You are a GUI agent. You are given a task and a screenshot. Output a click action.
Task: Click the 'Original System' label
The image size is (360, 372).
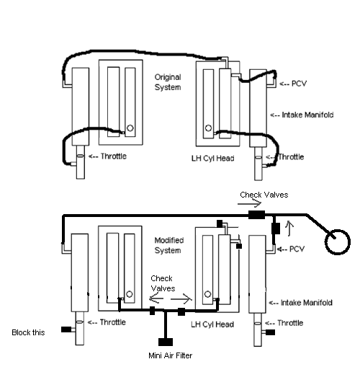(x=168, y=82)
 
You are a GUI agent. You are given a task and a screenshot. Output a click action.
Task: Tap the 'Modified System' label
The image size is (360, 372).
(x=169, y=245)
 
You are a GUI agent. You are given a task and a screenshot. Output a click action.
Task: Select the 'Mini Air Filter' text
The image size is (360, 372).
(x=171, y=355)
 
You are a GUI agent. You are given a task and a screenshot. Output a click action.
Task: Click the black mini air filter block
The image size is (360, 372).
(x=166, y=342)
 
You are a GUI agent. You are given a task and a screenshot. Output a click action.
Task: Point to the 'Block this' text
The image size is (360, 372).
(x=28, y=332)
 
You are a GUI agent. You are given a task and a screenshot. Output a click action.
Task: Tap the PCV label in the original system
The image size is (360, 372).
(x=299, y=84)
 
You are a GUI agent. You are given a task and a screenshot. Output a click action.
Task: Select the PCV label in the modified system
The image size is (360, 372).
(x=297, y=249)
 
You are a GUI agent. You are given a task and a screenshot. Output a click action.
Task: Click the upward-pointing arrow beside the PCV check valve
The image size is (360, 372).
(x=289, y=229)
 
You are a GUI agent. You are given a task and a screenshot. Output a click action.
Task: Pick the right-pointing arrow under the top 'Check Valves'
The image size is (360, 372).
(x=249, y=204)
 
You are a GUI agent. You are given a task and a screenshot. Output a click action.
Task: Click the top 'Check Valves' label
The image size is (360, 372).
(x=264, y=195)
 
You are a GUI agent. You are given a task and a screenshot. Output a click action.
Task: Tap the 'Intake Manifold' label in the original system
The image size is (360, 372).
(x=307, y=115)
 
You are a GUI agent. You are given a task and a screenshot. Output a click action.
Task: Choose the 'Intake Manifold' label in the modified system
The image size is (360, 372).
(x=307, y=303)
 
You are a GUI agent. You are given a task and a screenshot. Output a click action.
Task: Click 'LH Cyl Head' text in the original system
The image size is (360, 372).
(x=212, y=159)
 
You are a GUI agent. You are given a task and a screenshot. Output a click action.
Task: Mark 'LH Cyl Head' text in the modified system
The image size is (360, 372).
(x=212, y=324)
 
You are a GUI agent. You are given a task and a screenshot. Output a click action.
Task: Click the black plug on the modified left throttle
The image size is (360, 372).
(x=66, y=329)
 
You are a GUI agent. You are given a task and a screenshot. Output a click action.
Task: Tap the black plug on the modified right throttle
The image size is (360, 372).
(x=270, y=332)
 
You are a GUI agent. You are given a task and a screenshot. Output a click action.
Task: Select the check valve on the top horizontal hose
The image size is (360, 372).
(x=256, y=215)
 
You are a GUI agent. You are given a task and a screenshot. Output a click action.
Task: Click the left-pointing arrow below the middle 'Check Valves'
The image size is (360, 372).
(x=156, y=298)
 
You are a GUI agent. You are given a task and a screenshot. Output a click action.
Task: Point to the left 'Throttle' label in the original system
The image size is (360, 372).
(x=114, y=156)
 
